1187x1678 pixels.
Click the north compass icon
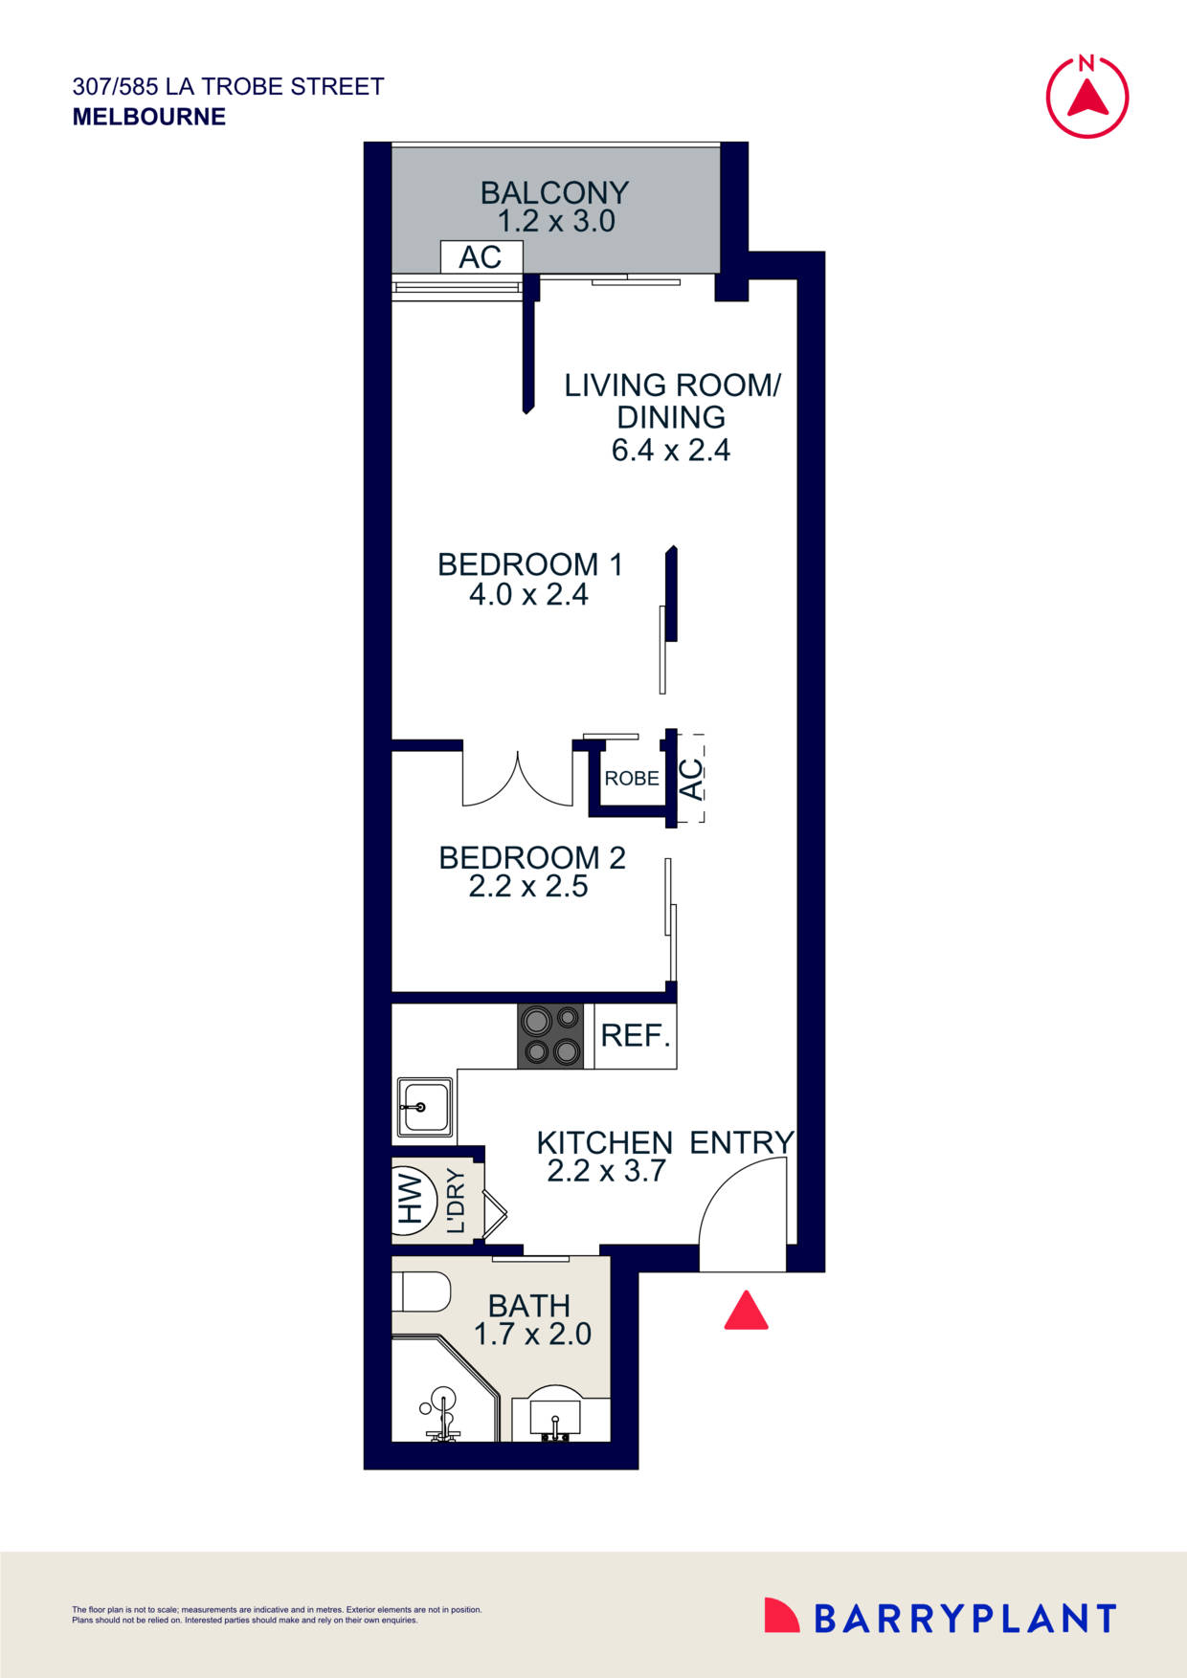(x=1086, y=96)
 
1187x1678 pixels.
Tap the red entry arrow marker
(x=746, y=1312)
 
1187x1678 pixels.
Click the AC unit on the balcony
(x=481, y=257)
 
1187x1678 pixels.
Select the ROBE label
(x=632, y=779)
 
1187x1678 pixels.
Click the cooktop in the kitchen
(x=550, y=1036)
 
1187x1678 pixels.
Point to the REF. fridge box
(x=635, y=1036)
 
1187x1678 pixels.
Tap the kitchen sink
(x=424, y=1107)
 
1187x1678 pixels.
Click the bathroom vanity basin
(x=559, y=1415)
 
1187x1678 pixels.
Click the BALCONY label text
(x=554, y=193)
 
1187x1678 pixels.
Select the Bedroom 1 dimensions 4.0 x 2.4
(x=528, y=595)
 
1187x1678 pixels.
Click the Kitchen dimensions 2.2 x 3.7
(x=606, y=1171)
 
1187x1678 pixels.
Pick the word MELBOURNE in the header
(x=149, y=117)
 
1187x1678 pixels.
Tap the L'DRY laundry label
(x=456, y=1201)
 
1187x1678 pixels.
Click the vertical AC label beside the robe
(x=691, y=778)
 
